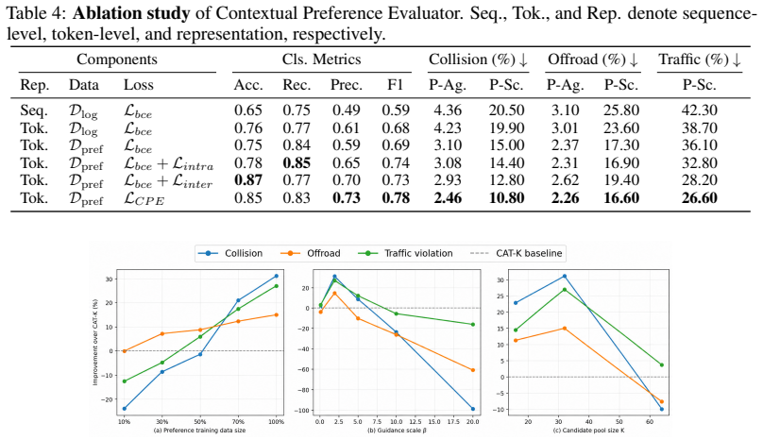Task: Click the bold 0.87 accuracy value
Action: [x=248, y=180]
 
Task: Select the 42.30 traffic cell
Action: [x=699, y=110]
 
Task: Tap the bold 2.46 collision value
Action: [x=448, y=198]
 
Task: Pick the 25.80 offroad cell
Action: [x=621, y=110]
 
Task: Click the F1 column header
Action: [x=395, y=85]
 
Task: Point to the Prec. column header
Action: [x=347, y=85]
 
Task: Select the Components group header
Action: [x=117, y=59]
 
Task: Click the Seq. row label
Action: [x=34, y=110]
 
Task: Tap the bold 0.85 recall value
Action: [x=297, y=162]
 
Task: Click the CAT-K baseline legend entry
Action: [x=517, y=253]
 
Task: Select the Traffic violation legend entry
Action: [x=405, y=253]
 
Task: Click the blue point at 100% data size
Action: [x=277, y=276]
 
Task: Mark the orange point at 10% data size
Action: [x=124, y=351]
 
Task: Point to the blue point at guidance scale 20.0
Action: [x=472, y=409]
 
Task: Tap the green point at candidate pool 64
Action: [x=661, y=365]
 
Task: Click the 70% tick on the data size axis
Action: [x=238, y=422]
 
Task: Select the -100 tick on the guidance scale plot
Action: [x=305, y=411]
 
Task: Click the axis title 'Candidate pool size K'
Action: [x=589, y=431]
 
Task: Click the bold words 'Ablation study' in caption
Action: [x=131, y=13]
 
